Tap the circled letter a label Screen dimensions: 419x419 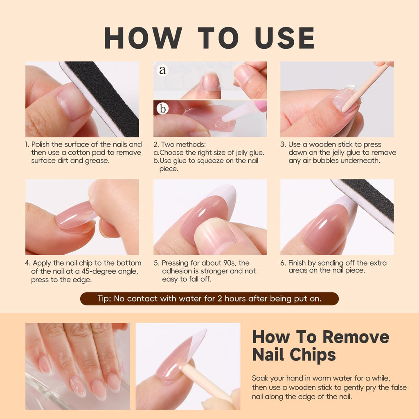click(163, 70)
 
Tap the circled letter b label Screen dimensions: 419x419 click(163, 109)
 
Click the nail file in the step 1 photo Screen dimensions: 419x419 click(102, 98)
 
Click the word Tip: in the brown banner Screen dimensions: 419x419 click(105, 299)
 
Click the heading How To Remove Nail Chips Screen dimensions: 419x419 click(320, 346)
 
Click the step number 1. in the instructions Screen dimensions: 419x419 click(27, 144)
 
